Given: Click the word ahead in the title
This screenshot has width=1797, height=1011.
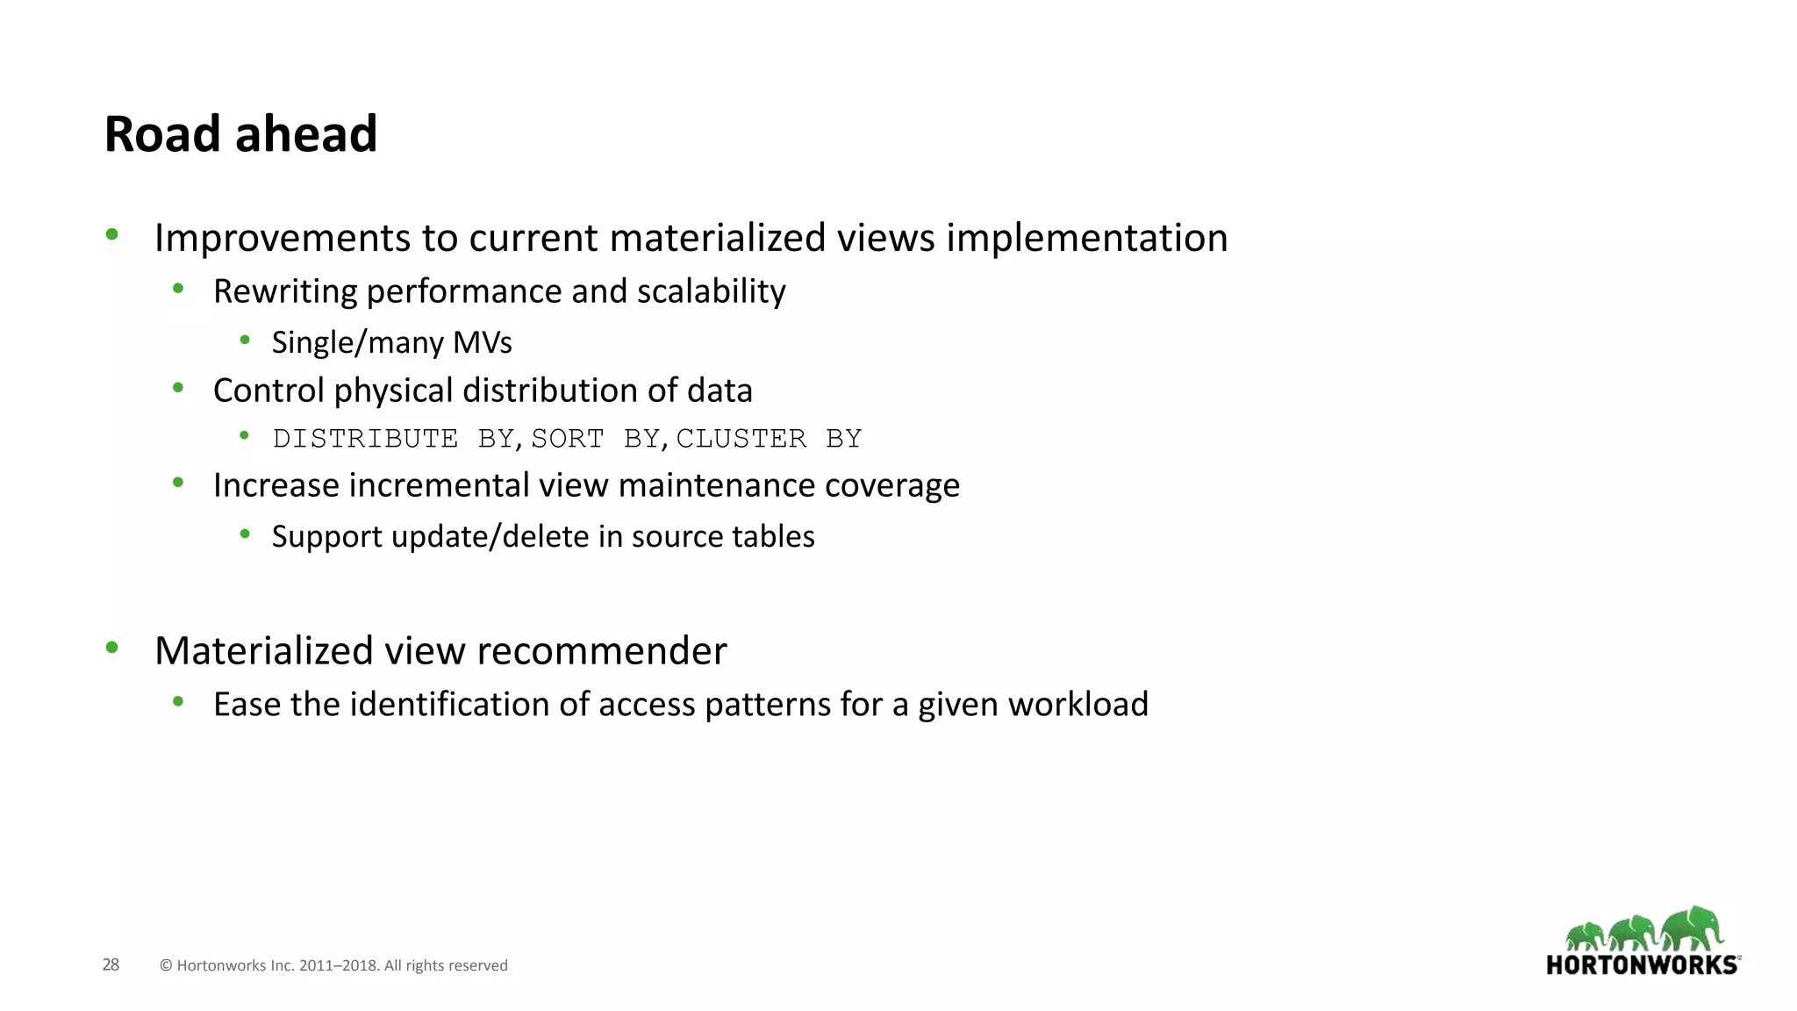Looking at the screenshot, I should point(305,134).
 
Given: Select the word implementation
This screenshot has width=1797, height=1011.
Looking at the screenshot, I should point(1086,239).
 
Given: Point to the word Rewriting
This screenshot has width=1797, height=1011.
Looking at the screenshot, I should point(284,292).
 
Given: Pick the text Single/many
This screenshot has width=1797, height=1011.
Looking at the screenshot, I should point(357,343).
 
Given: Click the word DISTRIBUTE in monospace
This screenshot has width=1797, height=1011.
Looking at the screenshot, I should point(365,438).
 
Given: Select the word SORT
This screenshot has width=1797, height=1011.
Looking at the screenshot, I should point(568,438).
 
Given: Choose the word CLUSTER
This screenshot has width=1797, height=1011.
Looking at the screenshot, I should point(741,438).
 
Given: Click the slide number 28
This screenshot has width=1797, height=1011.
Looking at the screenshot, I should point(111,965).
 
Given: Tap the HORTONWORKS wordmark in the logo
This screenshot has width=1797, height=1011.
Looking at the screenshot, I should point(1642,965).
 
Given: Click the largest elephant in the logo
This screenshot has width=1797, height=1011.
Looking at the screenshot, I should point(1693,929).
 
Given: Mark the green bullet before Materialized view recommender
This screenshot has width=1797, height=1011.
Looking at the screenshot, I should point(111,649).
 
